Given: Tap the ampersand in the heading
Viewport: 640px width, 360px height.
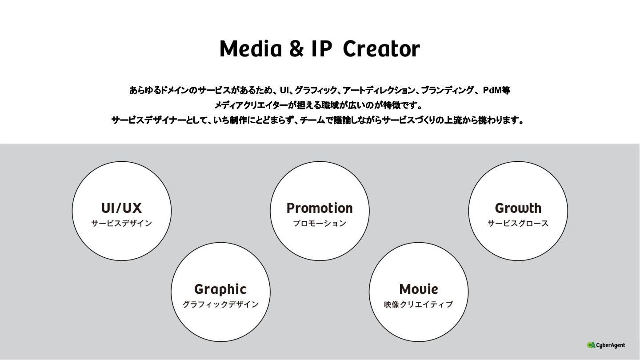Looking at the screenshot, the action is coord(296,49).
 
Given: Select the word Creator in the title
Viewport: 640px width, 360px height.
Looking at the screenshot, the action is coord(381,49).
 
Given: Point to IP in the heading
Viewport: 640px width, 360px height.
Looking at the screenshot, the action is coord(321,49).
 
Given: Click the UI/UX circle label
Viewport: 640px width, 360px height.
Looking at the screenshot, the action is coord(121,208).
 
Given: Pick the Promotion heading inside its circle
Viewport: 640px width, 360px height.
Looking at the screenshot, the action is coord(320,208).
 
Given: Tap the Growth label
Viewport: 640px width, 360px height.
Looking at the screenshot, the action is coord(518,208).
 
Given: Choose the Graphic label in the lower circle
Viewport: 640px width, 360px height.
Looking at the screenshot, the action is coord(220,289).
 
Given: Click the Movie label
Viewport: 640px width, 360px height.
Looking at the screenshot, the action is coord(419,289).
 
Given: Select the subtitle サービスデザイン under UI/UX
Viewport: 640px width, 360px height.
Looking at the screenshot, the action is coord(121,224).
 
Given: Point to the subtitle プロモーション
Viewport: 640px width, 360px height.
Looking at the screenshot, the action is coord(320,224).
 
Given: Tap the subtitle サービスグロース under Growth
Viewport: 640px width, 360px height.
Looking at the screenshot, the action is coord(518,224).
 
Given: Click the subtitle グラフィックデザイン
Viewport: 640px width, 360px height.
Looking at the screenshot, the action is coord(220,304).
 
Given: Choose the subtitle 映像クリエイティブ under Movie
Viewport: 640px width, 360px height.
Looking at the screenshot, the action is coord(419,304).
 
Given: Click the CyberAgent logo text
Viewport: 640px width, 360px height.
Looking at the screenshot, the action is coord(611,345).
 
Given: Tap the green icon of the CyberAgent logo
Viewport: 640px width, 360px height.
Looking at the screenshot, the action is coord(591,345).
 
